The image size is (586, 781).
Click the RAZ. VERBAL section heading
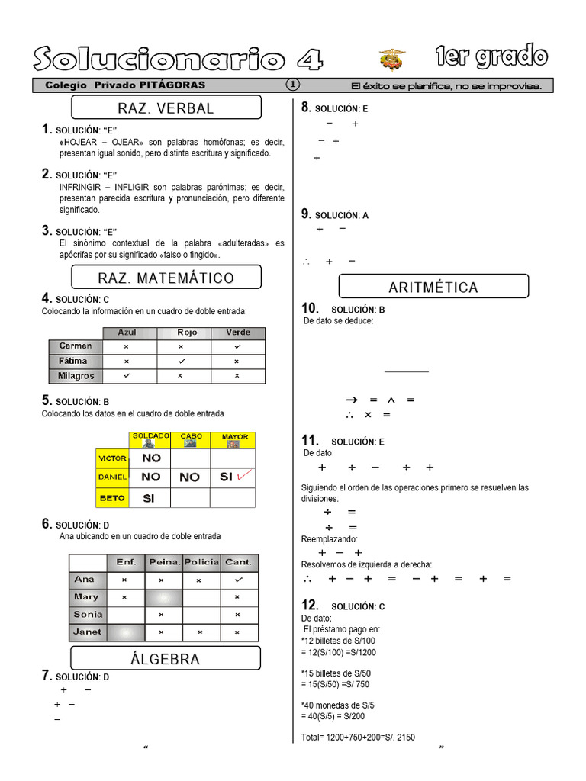coord(166,108)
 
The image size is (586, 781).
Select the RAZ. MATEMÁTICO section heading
coord(166,278)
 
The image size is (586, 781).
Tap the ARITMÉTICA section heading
coord(433,287)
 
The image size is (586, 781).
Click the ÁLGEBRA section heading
coord(165,659)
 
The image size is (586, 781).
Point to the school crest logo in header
coord(392,59)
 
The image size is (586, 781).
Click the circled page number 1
coord(294,85)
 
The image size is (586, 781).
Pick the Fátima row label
coord(73,361)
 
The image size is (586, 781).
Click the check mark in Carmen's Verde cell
coord(237,346)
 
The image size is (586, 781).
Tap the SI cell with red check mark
coord(232,477)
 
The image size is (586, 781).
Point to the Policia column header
coord(201,562)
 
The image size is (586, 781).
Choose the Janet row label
coord(87,632)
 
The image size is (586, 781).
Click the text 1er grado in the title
coord(491,57)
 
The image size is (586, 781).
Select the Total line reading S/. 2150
coord(359,738)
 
